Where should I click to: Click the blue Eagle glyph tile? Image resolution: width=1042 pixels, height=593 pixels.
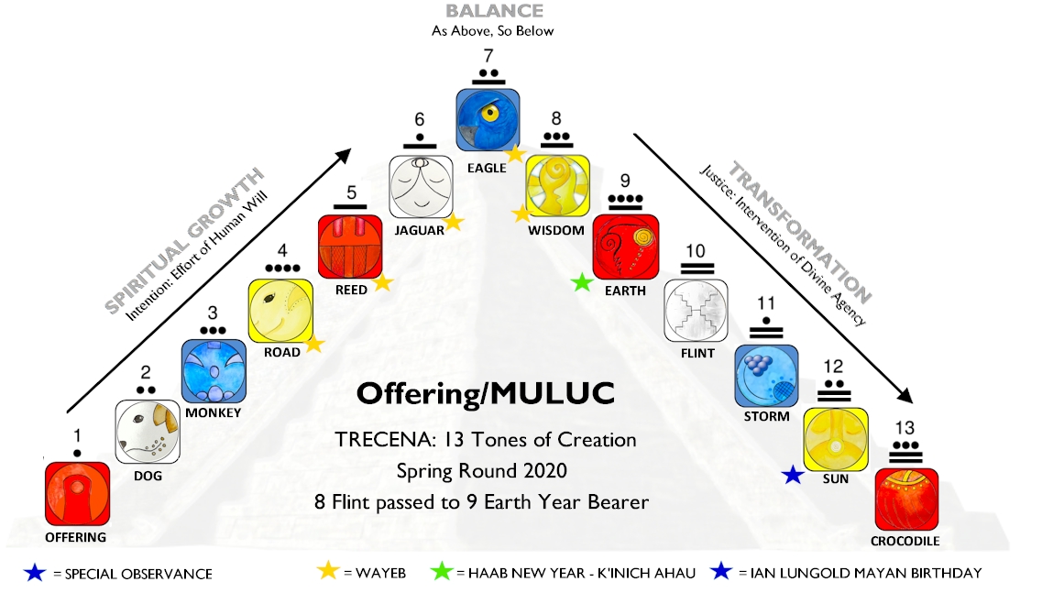coord(489,119)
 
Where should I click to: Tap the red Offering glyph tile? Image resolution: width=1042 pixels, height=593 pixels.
coord(78,494)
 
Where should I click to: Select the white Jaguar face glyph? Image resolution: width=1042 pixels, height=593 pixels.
coord(422,188)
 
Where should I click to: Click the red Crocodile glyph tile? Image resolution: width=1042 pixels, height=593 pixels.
coord(906,500)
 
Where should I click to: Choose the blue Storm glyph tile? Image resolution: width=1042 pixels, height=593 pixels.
coord(766,375)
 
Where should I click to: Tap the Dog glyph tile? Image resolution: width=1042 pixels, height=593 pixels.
coord(147,432)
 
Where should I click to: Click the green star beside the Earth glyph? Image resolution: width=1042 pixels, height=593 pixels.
coord(580,284)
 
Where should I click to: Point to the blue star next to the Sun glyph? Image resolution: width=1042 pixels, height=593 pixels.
coord(794,475)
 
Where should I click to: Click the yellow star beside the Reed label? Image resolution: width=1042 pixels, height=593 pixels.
coord(383,284)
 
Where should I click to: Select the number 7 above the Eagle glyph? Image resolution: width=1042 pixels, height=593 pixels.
coord(489,55)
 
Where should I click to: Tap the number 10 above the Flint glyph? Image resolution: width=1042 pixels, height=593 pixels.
coord(695,250)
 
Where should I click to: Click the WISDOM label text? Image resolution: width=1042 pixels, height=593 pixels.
coord(555,230)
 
